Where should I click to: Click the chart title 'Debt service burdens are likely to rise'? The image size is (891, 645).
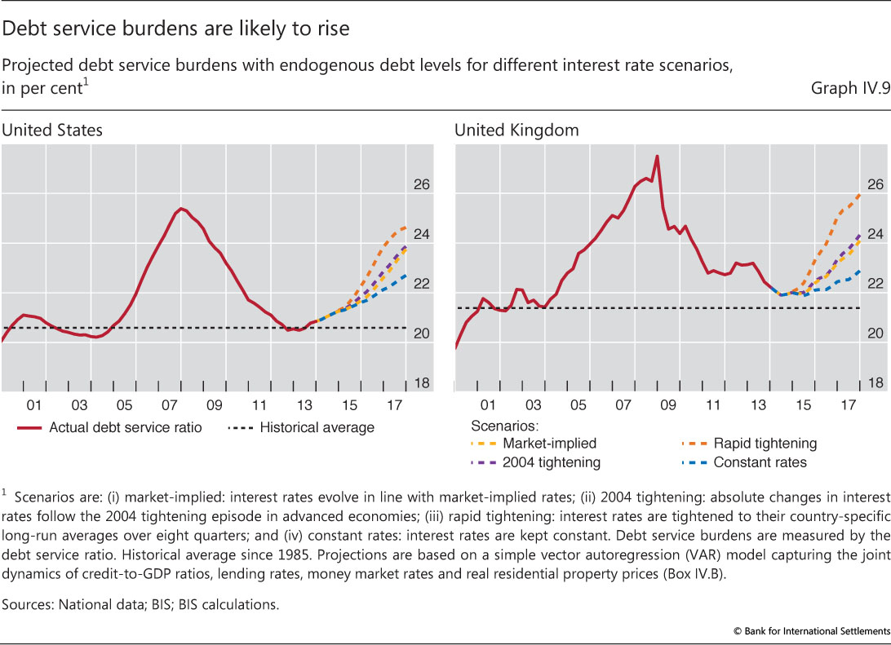tap(175, 29)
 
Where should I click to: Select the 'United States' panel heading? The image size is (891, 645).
tap(52, 130)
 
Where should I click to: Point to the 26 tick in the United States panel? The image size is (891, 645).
tap(421, 185)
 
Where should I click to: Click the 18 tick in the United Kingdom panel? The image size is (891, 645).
tap(875, 383)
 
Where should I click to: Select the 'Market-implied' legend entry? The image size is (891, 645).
tap(549, 444)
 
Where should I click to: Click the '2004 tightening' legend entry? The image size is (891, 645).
tap(552, 462)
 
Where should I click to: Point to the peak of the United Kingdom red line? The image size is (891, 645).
tap(657, 156)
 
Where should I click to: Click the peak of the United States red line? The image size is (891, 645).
tap(181, 208)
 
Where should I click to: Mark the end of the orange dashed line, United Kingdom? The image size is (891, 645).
tap(860, 194)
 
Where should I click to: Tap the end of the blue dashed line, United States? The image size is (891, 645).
tap(406, 275)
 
